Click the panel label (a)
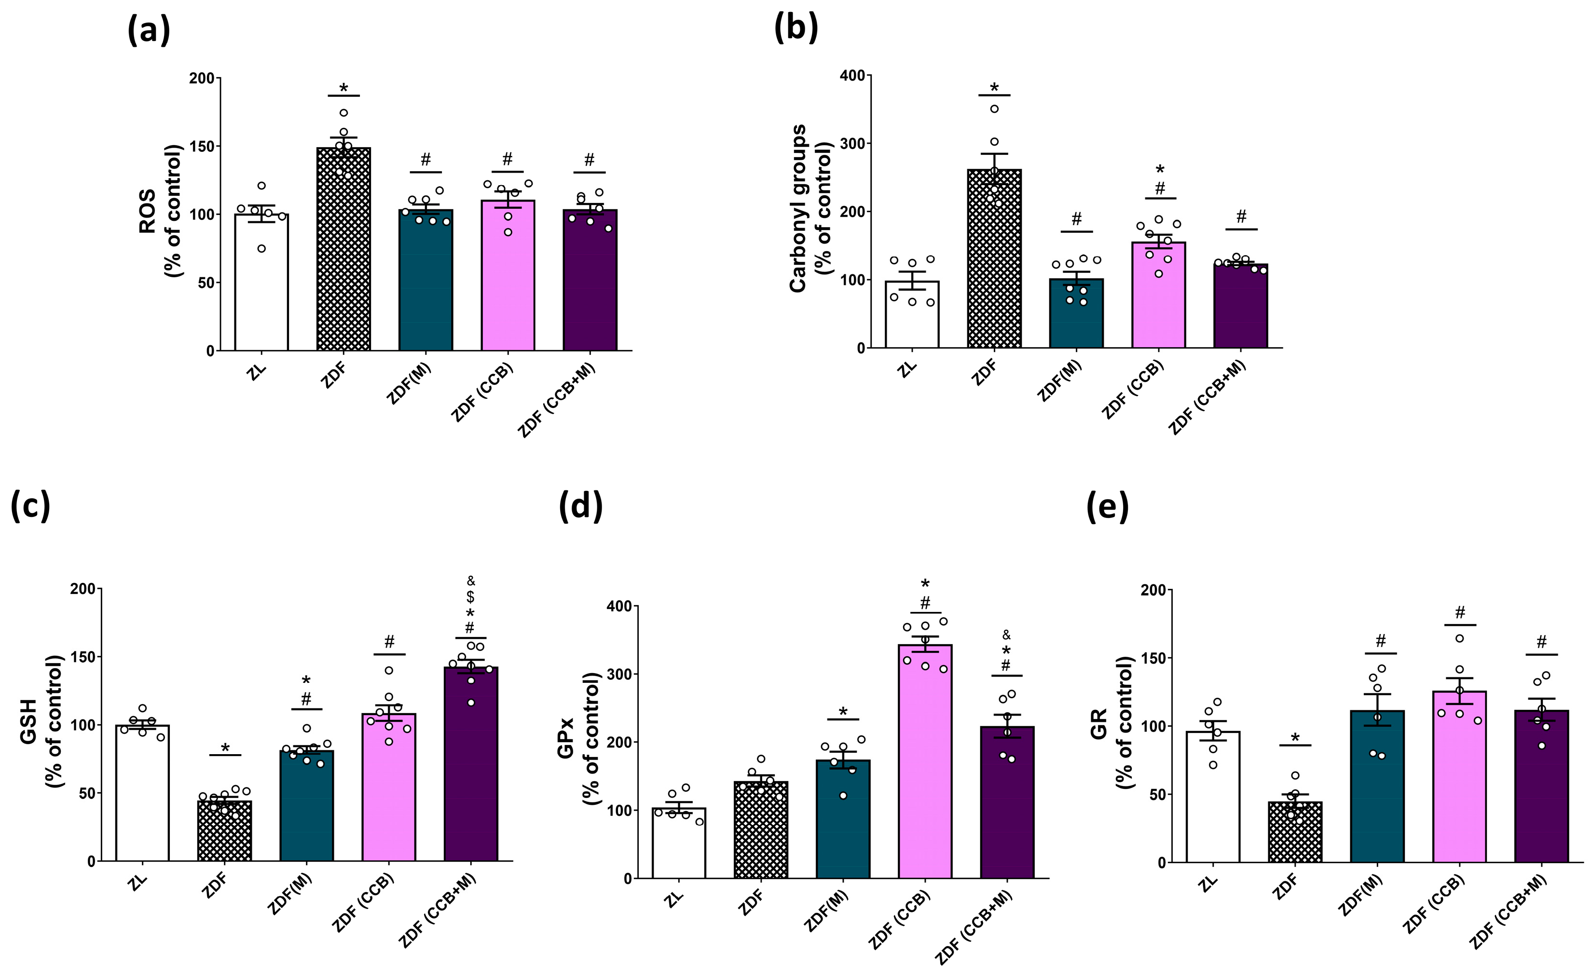point(149,30)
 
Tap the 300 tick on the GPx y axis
point(619,674)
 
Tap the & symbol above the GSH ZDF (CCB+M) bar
point(471,581)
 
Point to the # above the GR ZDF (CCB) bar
point(1459,612)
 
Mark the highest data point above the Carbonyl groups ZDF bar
point(994,108)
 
